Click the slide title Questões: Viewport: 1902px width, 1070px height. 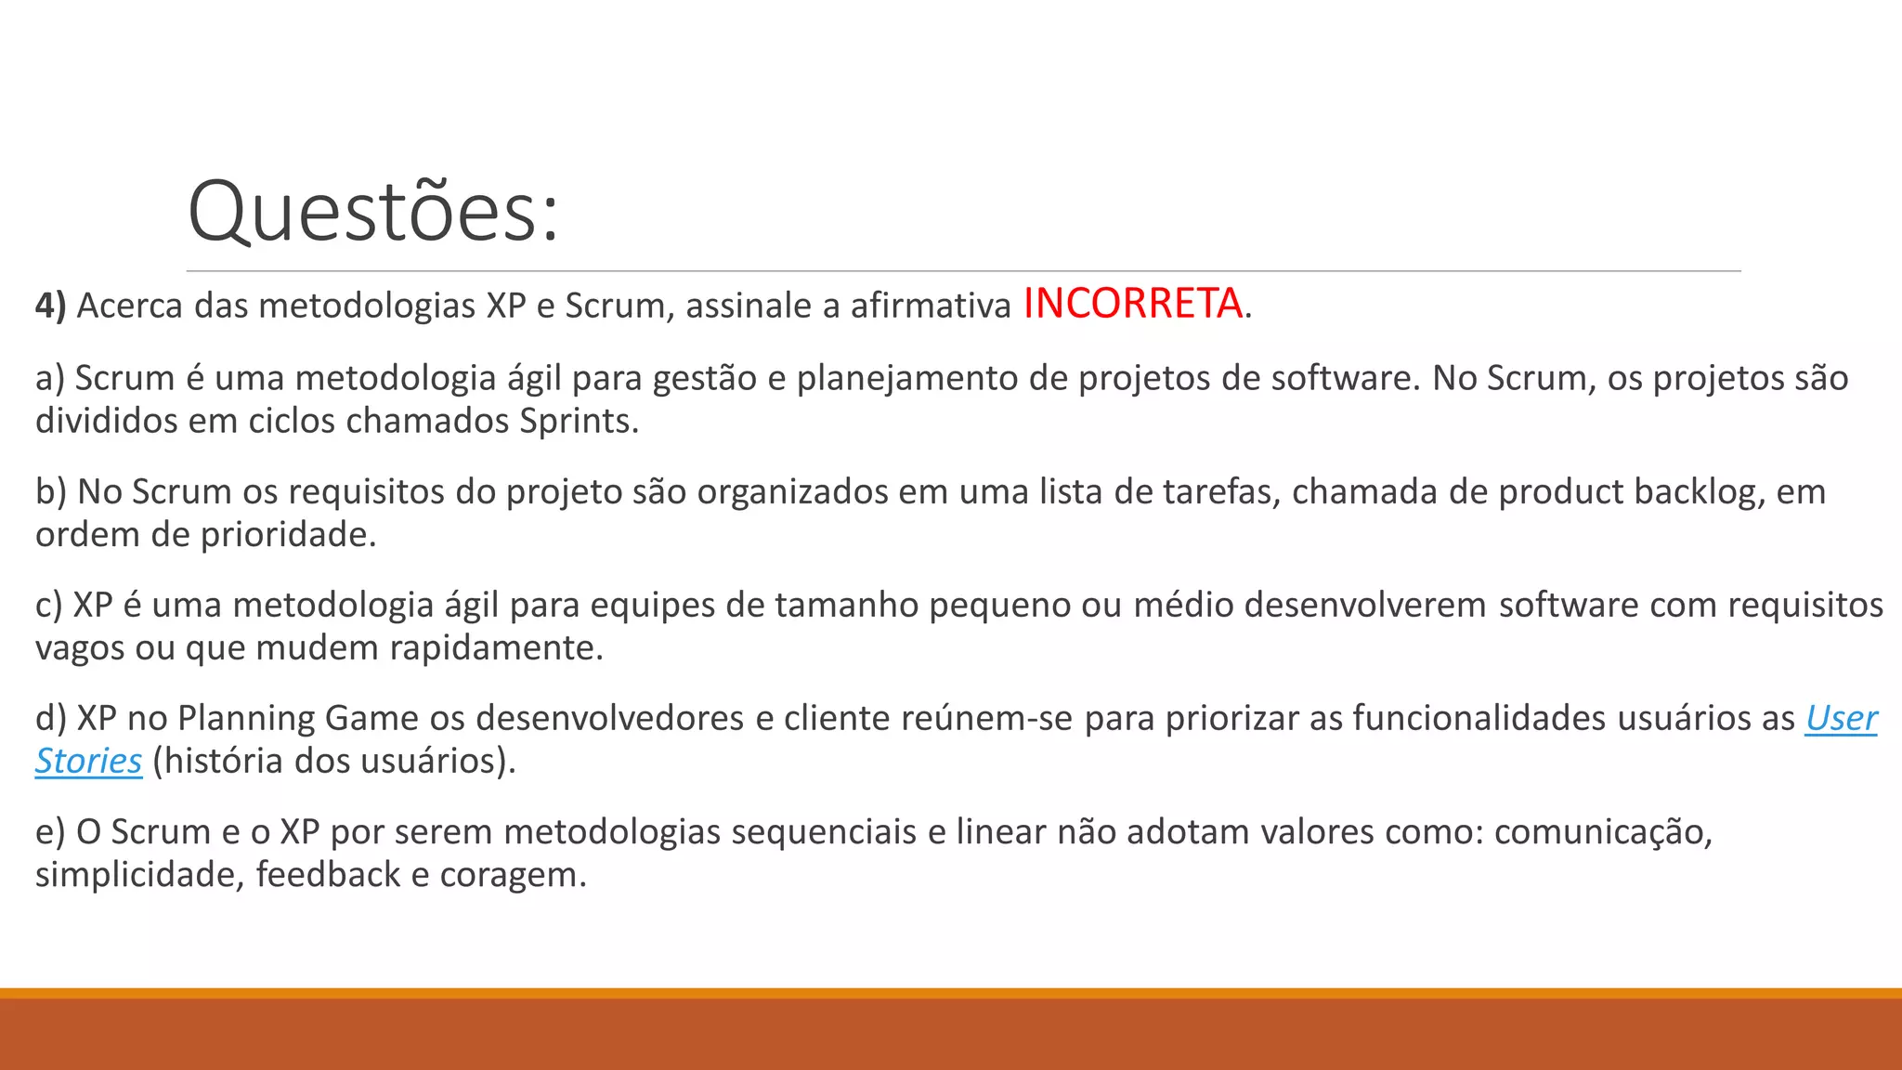(x=373, y=212)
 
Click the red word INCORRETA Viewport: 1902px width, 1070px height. (x=1132, y=304)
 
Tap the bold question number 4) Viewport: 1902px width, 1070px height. (x=50, y=306)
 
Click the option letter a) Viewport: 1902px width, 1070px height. (x=50, y=379)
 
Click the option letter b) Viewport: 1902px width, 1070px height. (x=50, y=492)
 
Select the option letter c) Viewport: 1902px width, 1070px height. (x=48, y=606)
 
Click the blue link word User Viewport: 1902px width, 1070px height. (x=1841, y=719)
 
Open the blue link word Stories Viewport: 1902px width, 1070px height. (x=88, y=762)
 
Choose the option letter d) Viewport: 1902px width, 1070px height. (x=50, y=719)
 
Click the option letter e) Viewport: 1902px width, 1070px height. (x=50, y=832)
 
